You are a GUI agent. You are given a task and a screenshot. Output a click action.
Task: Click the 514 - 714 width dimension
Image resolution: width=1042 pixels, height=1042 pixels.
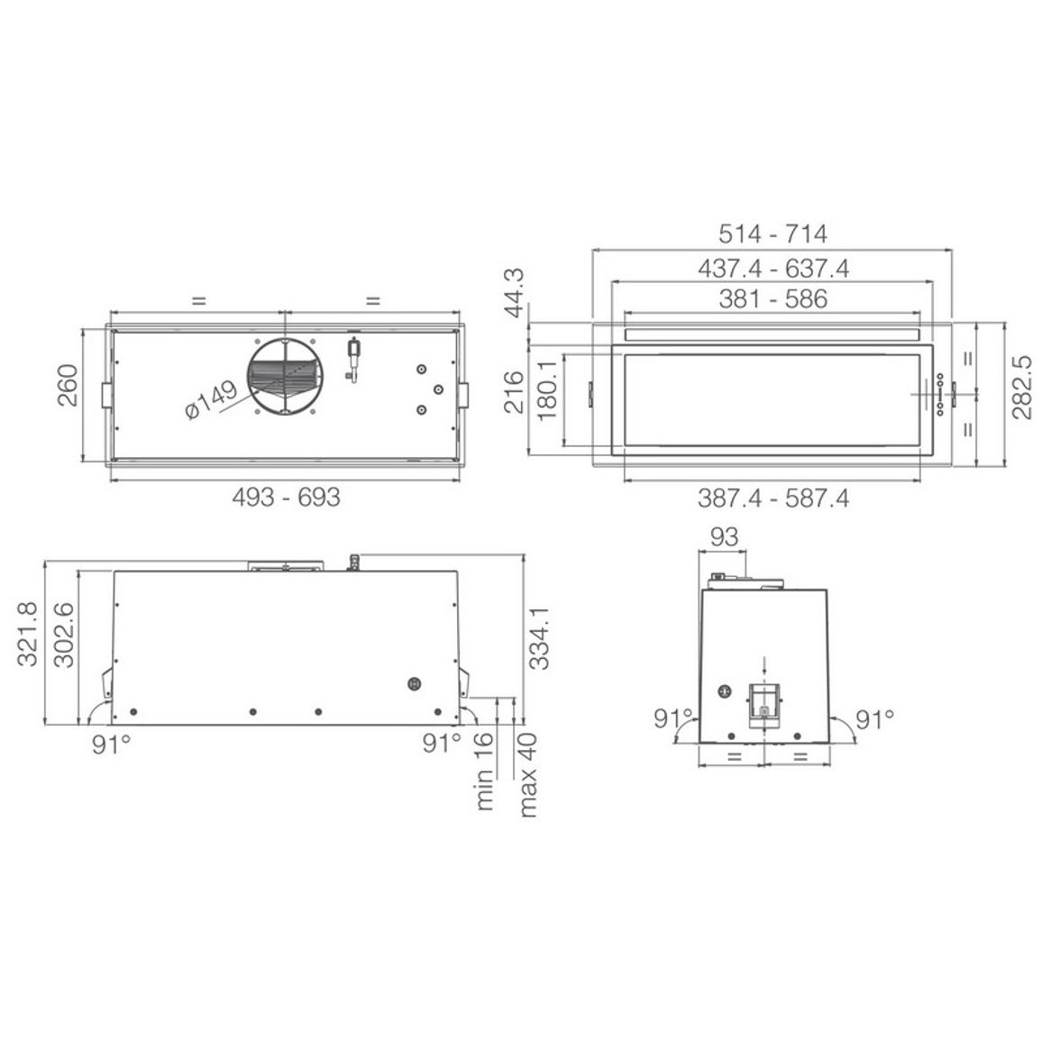tap(772, 234)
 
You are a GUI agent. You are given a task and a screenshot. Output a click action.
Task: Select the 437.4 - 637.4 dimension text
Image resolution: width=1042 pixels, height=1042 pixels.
tap(772, 269)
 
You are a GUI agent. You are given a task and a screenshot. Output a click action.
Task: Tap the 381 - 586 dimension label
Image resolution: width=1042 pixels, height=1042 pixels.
tap(772, 299)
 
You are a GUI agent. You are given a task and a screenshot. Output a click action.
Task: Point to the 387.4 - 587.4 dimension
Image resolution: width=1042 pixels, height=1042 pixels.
tap(772, 498)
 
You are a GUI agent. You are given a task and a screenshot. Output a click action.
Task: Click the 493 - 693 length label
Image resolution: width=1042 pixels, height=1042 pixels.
tap(286, 497)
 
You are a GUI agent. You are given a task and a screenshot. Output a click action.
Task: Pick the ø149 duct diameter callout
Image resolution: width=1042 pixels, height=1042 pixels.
tap(211, 399)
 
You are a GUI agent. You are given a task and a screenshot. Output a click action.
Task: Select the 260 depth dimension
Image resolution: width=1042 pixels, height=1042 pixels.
tap(68, 385)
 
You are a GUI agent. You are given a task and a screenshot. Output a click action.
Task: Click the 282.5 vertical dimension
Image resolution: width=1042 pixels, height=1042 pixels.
tap(1022, 388)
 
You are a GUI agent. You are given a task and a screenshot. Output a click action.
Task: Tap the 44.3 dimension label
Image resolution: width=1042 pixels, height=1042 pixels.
tap(514, 293)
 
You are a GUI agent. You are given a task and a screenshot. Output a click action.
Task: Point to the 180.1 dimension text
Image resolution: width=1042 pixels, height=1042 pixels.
tap(546, 390)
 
